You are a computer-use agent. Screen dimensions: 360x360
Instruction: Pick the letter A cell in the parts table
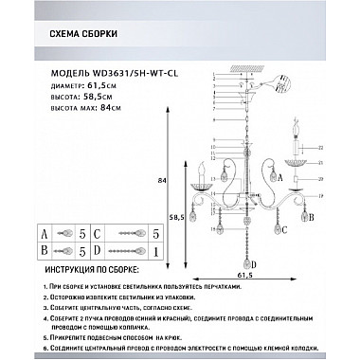(44, 231)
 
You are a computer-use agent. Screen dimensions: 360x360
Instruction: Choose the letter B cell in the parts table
(44, 251)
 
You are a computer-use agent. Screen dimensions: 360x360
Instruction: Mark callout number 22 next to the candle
(320, 148)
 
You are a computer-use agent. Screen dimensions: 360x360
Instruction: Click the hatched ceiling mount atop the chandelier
(234, 73)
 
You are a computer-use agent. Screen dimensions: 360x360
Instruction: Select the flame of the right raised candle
(303, 126)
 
